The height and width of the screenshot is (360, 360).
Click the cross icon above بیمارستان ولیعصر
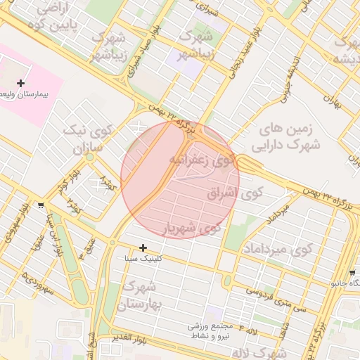click(21, 83)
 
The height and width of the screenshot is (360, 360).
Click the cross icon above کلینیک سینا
click(143, 247)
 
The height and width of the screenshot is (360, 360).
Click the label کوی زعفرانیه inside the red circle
click(200, 160)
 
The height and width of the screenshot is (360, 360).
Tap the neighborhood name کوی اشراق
click(234, 192)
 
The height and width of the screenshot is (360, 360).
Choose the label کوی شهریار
click(192, 228)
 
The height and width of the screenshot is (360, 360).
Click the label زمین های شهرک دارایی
click(289, 137)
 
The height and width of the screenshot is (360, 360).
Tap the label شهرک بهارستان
click(141, 295)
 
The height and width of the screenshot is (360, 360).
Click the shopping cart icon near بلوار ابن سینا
click(41, 206)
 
